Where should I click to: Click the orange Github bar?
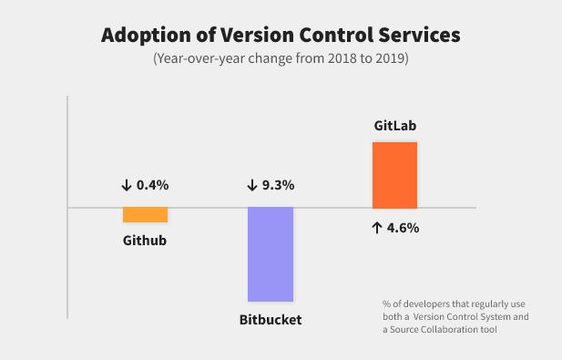tap(145, 215)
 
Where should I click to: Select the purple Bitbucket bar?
tap(271, 254)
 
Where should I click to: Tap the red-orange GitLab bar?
tap(394, 175)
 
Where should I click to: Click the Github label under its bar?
tap(145, 241)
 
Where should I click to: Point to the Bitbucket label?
tap(271, 320)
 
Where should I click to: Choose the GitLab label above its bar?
tap(395, 125)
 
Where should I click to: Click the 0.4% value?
tap(153, 185)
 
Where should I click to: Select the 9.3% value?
tap(278, 185)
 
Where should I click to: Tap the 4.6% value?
tap(402, 228)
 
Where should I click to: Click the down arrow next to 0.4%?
tap(126, 185)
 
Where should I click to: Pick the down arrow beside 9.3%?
tap(251, 185)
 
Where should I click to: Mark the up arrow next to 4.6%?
tap(375, 228)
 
